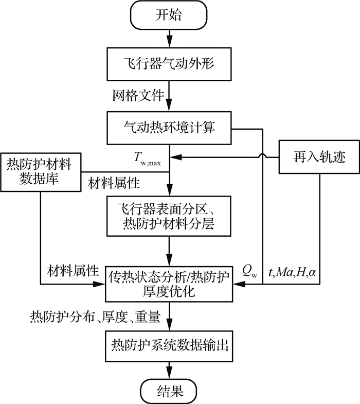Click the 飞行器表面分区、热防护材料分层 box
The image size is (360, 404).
click(x=169, y=218)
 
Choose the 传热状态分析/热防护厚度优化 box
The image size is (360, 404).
click(x=169, y=284)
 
